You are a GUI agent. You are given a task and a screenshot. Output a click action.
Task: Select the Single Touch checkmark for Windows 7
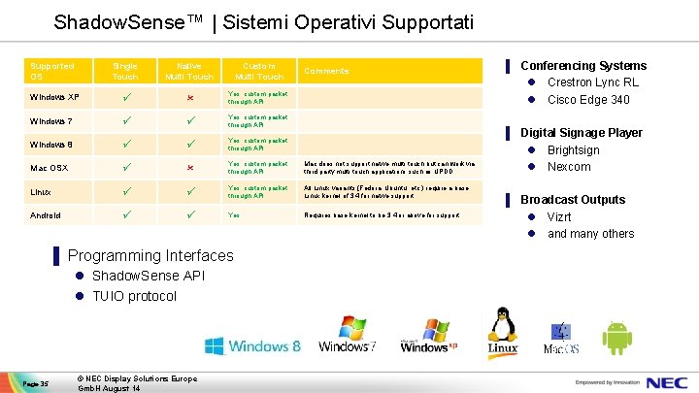[125, 121]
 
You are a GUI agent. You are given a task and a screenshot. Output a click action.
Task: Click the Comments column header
[326, 71]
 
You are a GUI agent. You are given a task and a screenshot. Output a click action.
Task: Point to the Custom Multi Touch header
[258, 71]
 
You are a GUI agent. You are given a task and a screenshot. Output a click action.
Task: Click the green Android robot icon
[616, 337]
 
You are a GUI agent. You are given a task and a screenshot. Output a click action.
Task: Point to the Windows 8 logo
[252, 345]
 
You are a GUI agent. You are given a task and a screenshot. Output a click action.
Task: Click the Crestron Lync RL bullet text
[592, 82]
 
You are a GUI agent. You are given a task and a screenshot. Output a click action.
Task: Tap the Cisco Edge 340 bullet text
[588, 99]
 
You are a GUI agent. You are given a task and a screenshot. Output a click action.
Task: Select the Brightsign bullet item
[574, 150]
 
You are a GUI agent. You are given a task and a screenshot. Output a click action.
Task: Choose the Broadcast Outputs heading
[573, 199]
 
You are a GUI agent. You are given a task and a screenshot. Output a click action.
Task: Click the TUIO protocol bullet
[134, 296]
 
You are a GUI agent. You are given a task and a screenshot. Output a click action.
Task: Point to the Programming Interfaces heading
[150, 255]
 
